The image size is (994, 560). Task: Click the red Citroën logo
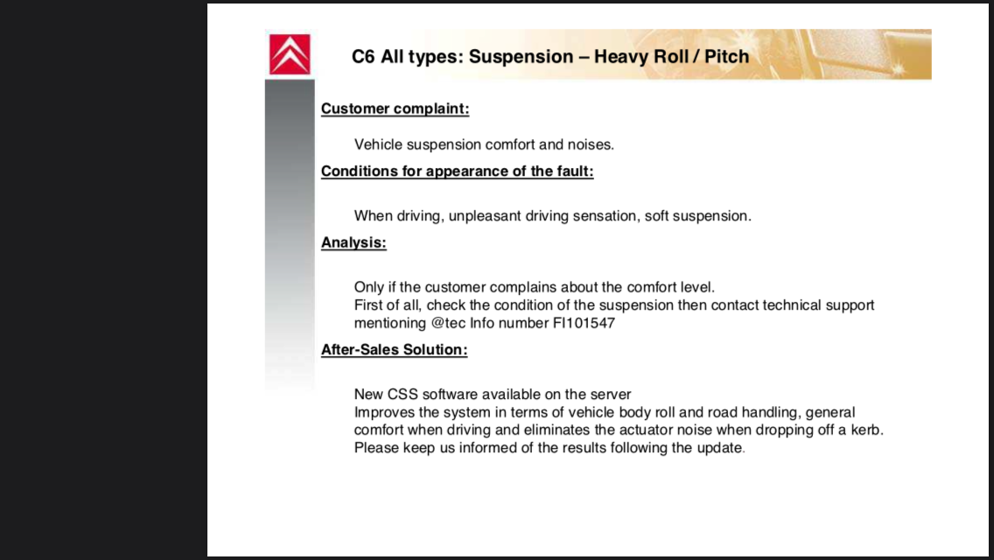290,54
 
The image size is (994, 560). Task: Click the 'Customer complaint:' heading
395,108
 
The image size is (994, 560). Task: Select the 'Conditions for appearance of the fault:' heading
457,171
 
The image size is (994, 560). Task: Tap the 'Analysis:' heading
353,242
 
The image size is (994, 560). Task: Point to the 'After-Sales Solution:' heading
395,349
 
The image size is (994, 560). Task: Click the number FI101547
584,323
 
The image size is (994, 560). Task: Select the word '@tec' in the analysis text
448,323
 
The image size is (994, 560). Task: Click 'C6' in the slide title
363,57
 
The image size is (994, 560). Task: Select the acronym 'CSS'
402,394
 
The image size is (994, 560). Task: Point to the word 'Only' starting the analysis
369,287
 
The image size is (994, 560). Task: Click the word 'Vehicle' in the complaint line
379,144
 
